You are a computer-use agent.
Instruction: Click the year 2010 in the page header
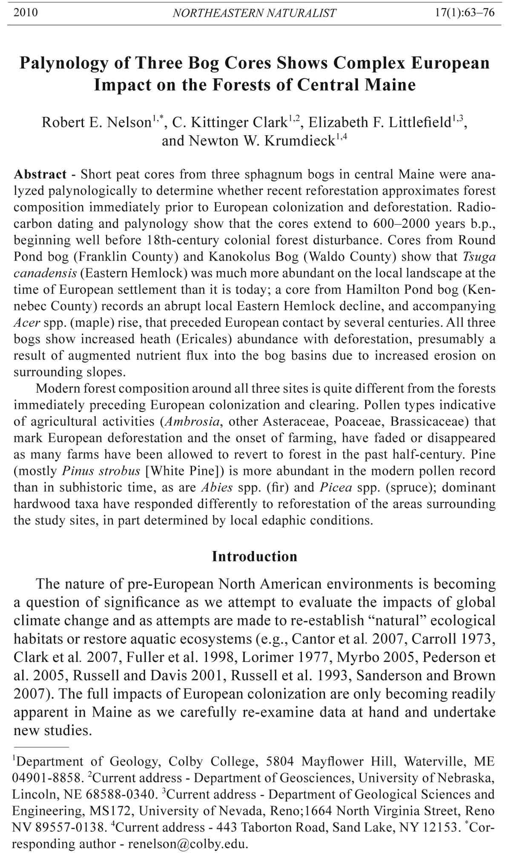26,13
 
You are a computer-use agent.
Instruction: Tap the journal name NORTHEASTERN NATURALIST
254,13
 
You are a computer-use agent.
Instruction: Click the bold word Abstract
40,174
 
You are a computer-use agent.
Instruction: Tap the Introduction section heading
254,556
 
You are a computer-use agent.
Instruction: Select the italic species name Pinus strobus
101,471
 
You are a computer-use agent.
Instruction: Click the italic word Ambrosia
192,421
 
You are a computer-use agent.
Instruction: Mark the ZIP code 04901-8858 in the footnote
47,778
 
